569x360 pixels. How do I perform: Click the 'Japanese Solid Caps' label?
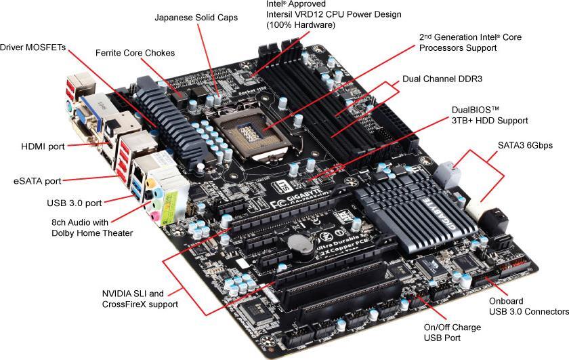tap(196, 17)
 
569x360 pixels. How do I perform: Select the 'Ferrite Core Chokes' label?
tap(135, 52)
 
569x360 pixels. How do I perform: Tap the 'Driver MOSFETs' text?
tap(33, 47)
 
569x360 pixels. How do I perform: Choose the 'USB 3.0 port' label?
tap(75, 203)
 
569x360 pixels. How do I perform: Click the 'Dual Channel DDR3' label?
tap(442, 79)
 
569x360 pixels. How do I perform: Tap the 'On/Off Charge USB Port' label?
tap(452, 332)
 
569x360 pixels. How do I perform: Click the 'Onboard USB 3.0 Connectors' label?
tap(528, 306)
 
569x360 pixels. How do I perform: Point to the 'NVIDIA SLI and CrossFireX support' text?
tap(140, 299)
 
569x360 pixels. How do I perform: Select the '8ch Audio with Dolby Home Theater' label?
tap(92, 227)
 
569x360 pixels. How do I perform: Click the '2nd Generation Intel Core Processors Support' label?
tap(469, 42)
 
